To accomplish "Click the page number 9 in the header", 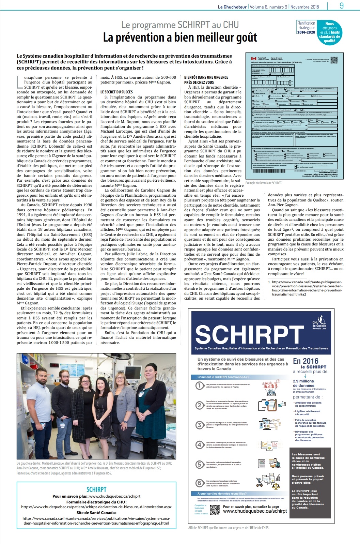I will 342,5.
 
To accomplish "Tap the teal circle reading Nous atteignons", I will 329,33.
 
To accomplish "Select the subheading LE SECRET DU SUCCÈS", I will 116,92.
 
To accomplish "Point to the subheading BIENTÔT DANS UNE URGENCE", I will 206,77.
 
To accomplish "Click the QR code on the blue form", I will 334,60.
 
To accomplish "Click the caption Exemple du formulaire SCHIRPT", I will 264,183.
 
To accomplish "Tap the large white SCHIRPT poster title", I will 249,335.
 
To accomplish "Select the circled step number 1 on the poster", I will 200,386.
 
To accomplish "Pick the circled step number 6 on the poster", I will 200,483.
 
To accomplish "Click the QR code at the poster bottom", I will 215,509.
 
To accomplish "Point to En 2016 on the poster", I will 306,361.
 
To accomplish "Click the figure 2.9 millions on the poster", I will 303,381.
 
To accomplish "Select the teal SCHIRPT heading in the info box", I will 96,489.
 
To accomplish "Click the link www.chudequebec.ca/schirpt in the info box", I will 114,496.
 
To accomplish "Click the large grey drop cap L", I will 20,82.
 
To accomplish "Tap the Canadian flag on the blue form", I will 253,59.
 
